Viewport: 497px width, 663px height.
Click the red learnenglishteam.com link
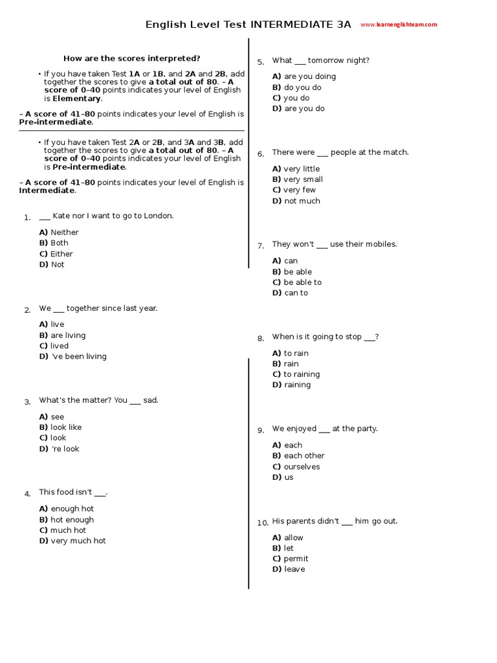[399, 25]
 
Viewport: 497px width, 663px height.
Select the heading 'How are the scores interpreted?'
[132, 58]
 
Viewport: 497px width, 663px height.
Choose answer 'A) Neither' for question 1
[59, 232]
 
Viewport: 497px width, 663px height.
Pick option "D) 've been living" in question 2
[72, 356]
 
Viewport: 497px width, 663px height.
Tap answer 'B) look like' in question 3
[60, 427]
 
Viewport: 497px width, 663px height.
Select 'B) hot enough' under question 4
[66, 519]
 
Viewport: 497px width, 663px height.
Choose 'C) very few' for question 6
[294, 190]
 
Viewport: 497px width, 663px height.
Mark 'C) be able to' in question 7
[297, 282]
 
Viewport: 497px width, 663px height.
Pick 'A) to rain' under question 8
[291, 353]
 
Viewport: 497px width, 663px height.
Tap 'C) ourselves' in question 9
[296, 466]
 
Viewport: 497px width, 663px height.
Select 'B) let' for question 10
[283, 548]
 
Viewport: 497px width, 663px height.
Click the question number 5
[260, 62]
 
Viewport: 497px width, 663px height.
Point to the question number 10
[262, 523]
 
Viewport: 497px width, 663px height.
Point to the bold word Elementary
[76, 98]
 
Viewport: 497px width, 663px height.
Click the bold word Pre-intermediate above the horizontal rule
[56, 122]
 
